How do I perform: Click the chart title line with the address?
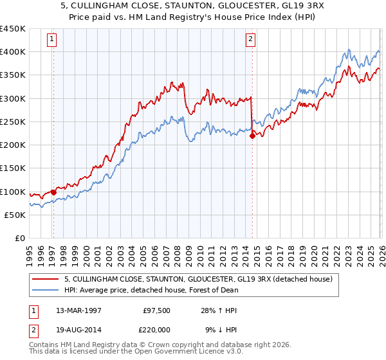point(193,6)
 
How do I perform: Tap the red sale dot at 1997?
point(53,192)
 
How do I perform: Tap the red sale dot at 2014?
point(252,135)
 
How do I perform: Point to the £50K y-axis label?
point(15,215)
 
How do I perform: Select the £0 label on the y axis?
point(19,238)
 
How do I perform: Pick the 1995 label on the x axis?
point(30,255)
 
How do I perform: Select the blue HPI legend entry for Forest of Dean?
point(151,290)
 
